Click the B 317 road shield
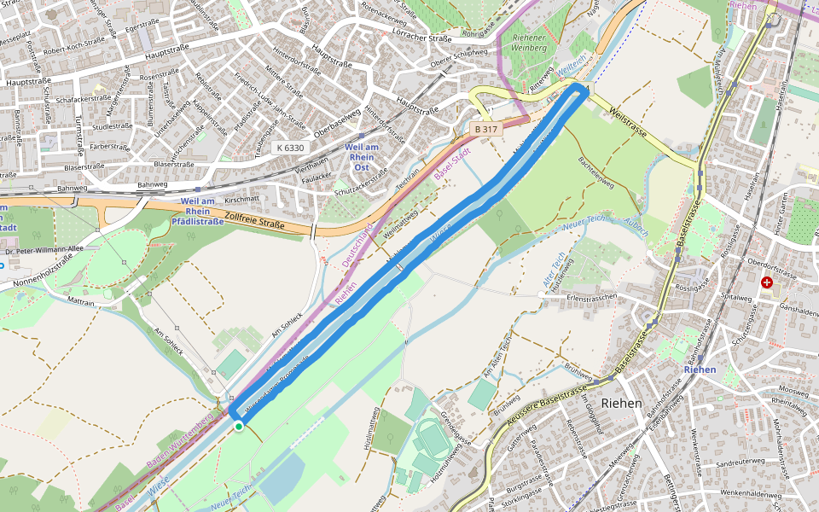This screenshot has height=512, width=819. pos(486,129)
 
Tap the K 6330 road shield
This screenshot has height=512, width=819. pos(290,148)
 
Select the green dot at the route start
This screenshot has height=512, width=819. pos(239,426)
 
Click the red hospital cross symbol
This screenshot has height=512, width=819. pos(767,282)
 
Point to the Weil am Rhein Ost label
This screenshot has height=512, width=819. pos(360,151)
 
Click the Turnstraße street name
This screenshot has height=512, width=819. pos(80,133)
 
